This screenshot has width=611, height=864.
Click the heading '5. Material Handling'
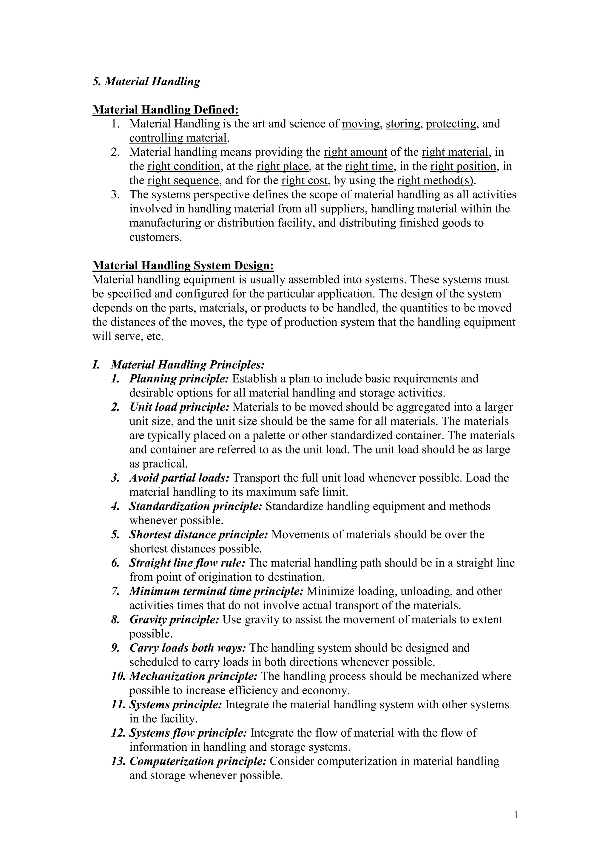pyautogui.click(x=146, y=82)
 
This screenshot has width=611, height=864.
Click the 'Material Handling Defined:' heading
pyautogui.click(x=166, y=110)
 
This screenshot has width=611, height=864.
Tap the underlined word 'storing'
pyautogui.click(x=402, y=124)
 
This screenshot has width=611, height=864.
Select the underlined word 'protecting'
pyautogui.click(x=451, y=124)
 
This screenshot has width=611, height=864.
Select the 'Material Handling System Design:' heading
pyautogui.click(x=183, y=266)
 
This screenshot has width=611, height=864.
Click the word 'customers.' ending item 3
pyautogui.click(x=155, y=237)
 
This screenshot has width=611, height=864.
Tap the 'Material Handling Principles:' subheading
pyautogui.click(x=188, y=365)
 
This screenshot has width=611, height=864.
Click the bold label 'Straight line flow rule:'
pyautogui.click(x=187, y=563)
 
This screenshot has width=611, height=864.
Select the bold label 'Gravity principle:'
pyautogui.click(x=174, y=620)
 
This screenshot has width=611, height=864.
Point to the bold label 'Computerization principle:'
pyautogui.click(x=198, y=761)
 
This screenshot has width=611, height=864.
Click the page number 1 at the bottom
pyautogui.click(x=516, y=815)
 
